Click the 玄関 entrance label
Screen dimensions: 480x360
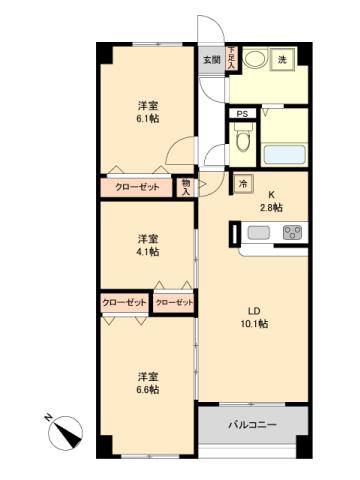click(212, 60)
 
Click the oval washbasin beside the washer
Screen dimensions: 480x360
click(256, 60)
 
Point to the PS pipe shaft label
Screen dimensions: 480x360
click(241, 115)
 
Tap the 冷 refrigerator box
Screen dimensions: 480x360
click(243, 184)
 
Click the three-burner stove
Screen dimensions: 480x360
click(293, 233)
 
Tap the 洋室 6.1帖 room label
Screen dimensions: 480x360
click(148, 111)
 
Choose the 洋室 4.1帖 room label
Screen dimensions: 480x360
click(148, 246)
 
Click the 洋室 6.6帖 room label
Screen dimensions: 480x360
click(148, 383)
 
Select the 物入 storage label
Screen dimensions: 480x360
click(187, 186)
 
